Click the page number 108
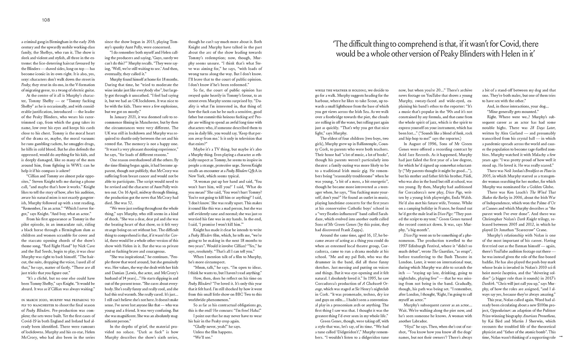[x=46, y=20]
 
